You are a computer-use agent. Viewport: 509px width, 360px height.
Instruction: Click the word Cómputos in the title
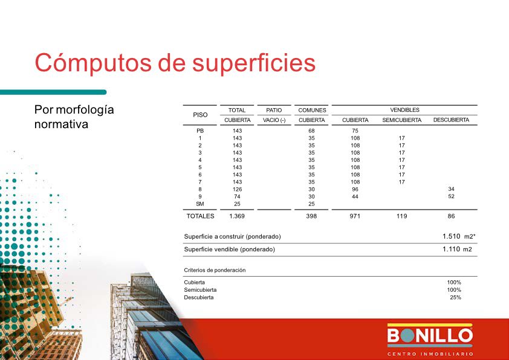click(93, 63)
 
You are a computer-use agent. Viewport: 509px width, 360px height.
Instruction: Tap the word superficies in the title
click(254, 63)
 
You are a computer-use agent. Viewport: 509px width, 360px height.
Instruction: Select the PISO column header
click(200, 115)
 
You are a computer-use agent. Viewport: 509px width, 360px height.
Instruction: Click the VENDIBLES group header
click(404, 110)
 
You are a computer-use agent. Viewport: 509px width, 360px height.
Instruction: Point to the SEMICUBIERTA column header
click(401, 120)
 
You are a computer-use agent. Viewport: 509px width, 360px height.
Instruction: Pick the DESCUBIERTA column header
click(451, 120)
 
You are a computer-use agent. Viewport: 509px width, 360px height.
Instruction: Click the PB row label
click(200, 130)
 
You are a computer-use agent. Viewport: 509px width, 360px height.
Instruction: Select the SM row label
click(200, 204)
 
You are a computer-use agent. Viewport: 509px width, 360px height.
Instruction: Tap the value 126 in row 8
click(238, 190)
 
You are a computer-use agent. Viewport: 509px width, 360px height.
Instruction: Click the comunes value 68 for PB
click(312, 130)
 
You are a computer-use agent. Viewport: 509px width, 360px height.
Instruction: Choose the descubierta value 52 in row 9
click(451, 196)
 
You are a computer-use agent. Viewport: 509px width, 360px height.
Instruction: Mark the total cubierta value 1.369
click(237, 216)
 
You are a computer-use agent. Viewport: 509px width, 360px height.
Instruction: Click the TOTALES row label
click(200, 216)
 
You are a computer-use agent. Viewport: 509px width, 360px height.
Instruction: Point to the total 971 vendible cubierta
click(355, 216)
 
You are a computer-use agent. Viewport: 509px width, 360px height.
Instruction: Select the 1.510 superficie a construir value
click(451, 236)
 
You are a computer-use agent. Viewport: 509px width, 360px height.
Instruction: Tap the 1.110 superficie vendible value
click(451, 249)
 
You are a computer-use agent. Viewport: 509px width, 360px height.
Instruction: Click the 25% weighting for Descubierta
click(455, 297)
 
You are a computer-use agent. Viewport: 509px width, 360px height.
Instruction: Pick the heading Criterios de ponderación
click(215, 270)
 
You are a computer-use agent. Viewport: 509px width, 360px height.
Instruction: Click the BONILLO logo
click(430, 339)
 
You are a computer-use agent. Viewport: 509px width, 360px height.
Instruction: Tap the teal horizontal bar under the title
click(53, 92)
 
